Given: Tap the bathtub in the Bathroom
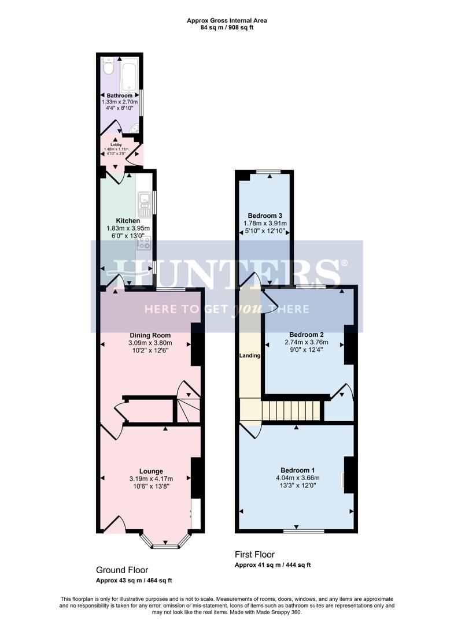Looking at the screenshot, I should click(x=130, y=75).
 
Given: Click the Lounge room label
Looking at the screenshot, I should click(x=151, y=471).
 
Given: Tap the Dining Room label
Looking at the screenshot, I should click(x=150, y=335).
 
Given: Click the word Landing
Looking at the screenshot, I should click(x=250, y=355).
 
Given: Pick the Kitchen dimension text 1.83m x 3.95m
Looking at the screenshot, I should click(x=128, y=228).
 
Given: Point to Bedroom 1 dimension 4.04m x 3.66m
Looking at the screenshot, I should click(x=298, y=478).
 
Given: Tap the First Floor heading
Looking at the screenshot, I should click(x=254, y=555).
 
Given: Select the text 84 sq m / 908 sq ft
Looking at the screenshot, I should click(x=227, y=27).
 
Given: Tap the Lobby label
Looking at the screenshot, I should click(x=116, y=145).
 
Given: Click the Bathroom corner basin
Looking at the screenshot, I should click(x=135, y=129).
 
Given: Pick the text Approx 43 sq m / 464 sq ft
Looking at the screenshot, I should click(x=134, y=580).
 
